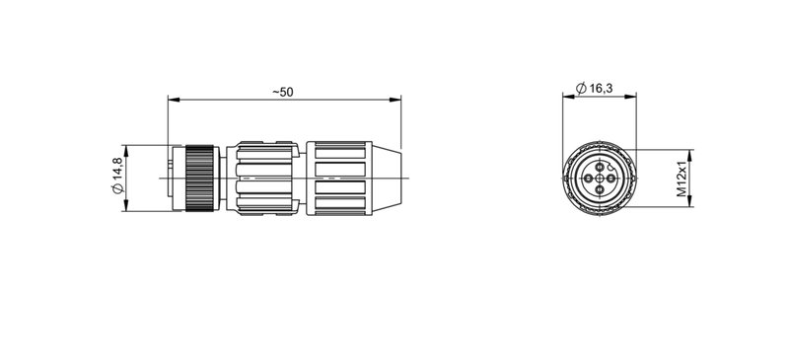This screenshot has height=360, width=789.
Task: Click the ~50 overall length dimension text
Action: coord(283,92)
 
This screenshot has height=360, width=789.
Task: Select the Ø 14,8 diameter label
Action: coord(117,177)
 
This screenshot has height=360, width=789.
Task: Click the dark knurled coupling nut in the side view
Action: coord(201,177)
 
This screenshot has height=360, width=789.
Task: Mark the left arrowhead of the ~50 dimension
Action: coord(173,99)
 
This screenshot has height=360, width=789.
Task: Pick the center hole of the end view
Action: coord(598,179)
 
